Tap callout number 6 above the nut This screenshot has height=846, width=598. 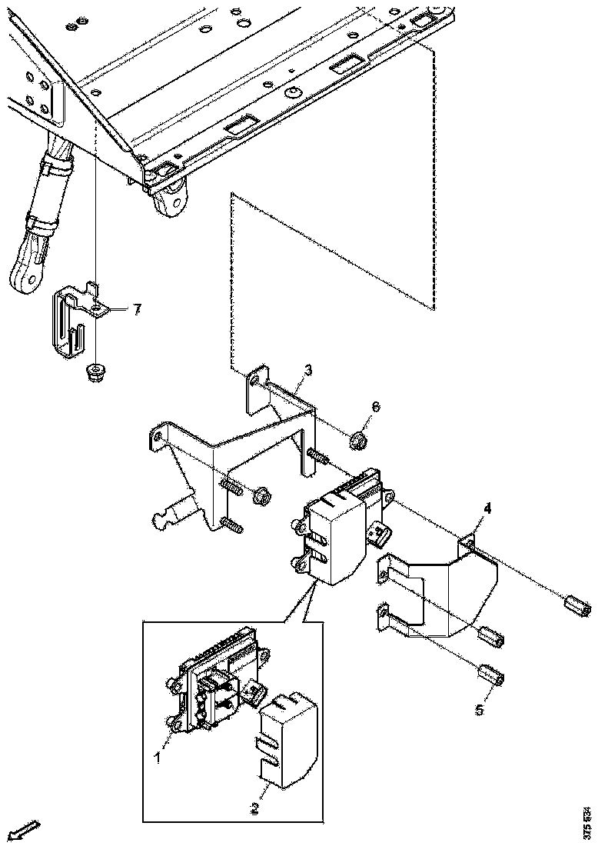tap(376, 406)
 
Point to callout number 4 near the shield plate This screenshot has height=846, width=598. tap(487, 508)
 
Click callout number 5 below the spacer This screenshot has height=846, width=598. tap(480, 708)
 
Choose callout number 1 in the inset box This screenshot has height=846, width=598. tap(157, 758)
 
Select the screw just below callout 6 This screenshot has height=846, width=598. tap(317, 456)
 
